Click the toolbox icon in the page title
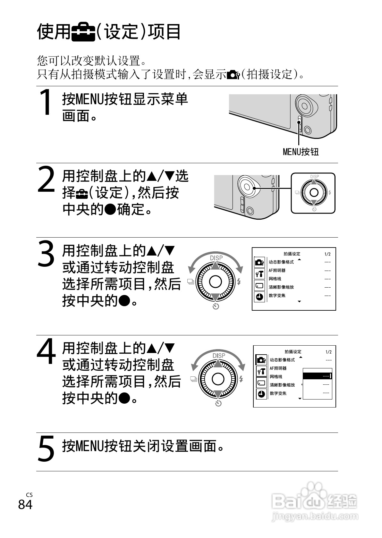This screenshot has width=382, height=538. click(83, 32)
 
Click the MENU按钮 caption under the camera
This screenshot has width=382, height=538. click(301, 152)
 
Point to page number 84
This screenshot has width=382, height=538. click(25, 505)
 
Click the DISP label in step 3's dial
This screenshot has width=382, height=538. click(216, 258)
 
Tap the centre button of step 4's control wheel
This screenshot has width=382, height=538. click(218, 379)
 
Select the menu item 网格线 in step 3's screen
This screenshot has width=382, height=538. click(275, 279)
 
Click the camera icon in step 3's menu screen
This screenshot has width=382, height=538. click(259, 262)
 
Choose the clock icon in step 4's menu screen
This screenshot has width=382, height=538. click(261, 394)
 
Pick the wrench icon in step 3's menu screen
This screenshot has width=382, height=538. click(259, 274)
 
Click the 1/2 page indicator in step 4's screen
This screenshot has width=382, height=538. click(328, 352)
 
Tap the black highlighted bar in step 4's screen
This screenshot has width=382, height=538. click(318, 376)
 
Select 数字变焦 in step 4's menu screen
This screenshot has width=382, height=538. click(278, 393)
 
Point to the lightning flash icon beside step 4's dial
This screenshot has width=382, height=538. click(241, 379)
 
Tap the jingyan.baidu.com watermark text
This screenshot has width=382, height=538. click(315, 517)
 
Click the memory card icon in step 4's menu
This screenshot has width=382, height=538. click(261, 383)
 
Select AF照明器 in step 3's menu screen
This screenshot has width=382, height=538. click(277, 270)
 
